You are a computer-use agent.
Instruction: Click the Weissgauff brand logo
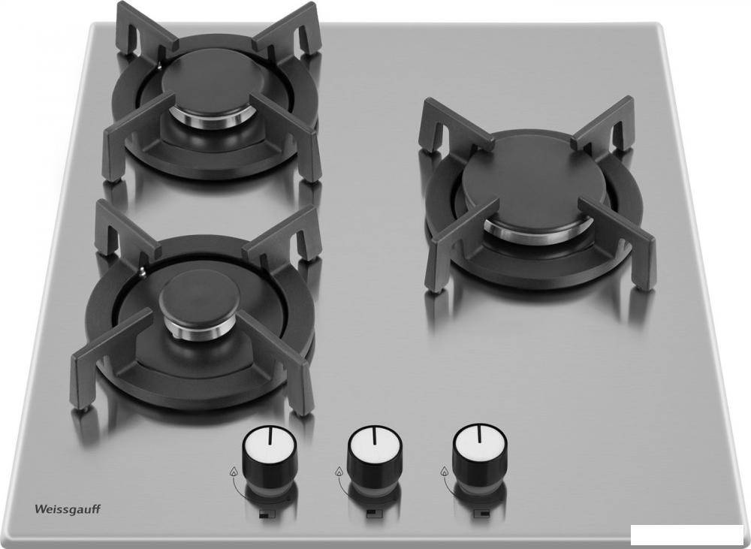[68, 509]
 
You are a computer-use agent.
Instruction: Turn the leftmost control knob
[270, 455]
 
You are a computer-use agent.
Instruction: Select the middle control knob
[375, 454]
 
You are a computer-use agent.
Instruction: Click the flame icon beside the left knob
[234, 472]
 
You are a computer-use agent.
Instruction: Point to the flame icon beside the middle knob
[339, 472]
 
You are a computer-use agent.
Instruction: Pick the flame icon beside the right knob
[445, 471]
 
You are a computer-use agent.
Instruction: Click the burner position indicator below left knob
[266, 515]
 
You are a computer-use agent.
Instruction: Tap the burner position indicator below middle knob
[373, 514]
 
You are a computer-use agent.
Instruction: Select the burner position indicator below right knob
[481, 514]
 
